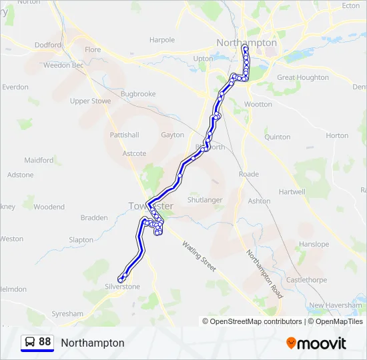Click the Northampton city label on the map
pyautogui.click(x=246, y=43)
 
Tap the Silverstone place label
pyautogui.click(x=122, y=287)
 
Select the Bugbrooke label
pyautogui.click(x=138, y=95)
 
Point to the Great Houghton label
pyautogui.click(x=303, y=78)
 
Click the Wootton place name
pyautogui.click(x=258, y=104)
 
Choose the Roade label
pyautogui.click(x=248, y=175)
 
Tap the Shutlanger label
pyautogui.click(x=205, y=200)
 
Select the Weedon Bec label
pyautogui.click(x=63, y=65)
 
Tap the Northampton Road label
pyautogui.click(x=265, y=274)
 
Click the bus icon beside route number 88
pyautogui.click(x=30, y=342)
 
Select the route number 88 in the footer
pyautogui.click(x=45, y=342)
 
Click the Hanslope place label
pyautogui.click(x=314, y=245)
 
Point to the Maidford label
pyautogui.click(x=39, y=161)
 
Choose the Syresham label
pyautogui.click(x=67, y=313)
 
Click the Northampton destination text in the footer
pyautogui.click(x=92, y=343)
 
